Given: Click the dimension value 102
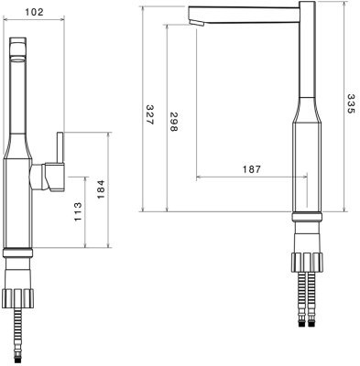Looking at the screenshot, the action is click(x=34, y=12).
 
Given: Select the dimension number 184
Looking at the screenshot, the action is click(x=101, y=189).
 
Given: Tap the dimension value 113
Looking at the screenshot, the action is click(x=78, y=211).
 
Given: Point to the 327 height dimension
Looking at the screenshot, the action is click(x=149, y=114).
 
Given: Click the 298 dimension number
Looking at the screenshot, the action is click(x=173, y=122).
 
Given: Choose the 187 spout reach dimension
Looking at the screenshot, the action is click(x=252, y=169).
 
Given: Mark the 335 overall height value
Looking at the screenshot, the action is click(x=352, y=103).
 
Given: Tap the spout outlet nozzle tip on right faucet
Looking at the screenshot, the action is click(x=196, y=23).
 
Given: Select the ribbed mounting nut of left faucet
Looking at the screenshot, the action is click(x=17, y=298).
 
